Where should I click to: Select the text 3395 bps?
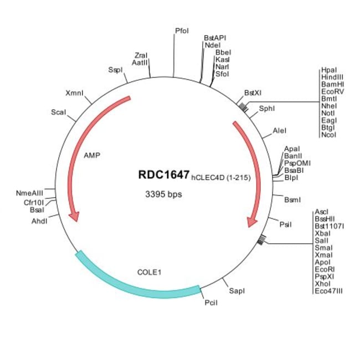[x=163, y=194]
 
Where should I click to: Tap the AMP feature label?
[x=91, y=156]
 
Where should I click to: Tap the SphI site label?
[x=267, y=109]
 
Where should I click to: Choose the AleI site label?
[x=280, y=131]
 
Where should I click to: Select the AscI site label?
[x=322, y=212]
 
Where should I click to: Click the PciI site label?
[x=210, y=303]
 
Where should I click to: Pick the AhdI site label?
[x=39, y=220]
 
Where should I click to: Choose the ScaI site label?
[x=58, y=112]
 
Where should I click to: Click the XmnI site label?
[x=75, y=92]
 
